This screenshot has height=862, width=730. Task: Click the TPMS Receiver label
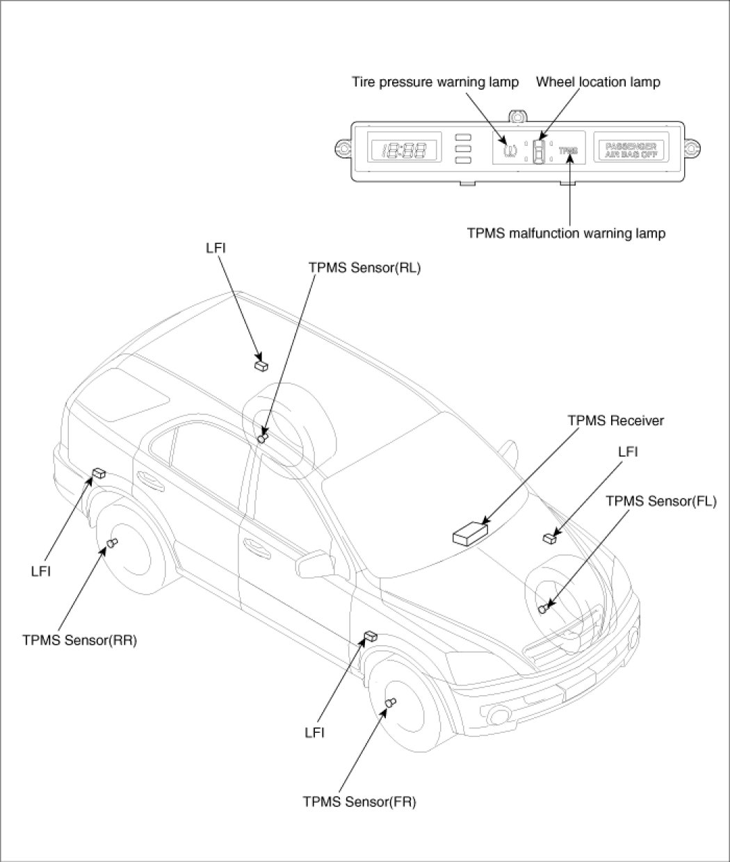coord(615,421)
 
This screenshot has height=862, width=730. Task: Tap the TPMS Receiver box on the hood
coord(470,534)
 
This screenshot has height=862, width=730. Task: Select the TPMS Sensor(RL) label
coord(364,266)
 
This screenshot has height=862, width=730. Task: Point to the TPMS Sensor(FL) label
coord(660,500)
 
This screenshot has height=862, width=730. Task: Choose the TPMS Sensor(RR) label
coord(79,640)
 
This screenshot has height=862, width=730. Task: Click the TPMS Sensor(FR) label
coord(359,802)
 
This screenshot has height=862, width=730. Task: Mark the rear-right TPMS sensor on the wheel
coord(111,544)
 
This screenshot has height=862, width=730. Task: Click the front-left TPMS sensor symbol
coord(544,608)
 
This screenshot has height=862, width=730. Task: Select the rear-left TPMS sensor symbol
coord(263,437)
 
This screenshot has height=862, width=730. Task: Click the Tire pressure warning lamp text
coord(435,82)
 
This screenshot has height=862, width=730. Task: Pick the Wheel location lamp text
coord(598,82)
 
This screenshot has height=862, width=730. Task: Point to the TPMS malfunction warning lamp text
coord(566,234)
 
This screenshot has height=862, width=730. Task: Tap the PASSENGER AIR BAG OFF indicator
coord(631,149)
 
